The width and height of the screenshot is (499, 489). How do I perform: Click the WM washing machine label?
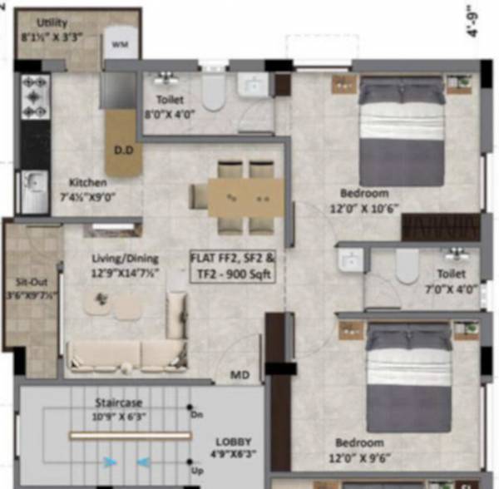point(120,42)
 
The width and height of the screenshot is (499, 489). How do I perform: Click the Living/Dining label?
point(126,258)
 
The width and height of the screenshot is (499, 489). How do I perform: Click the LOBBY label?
point(235,442)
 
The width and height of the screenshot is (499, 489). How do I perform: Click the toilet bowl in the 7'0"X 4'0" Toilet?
point(407,266)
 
